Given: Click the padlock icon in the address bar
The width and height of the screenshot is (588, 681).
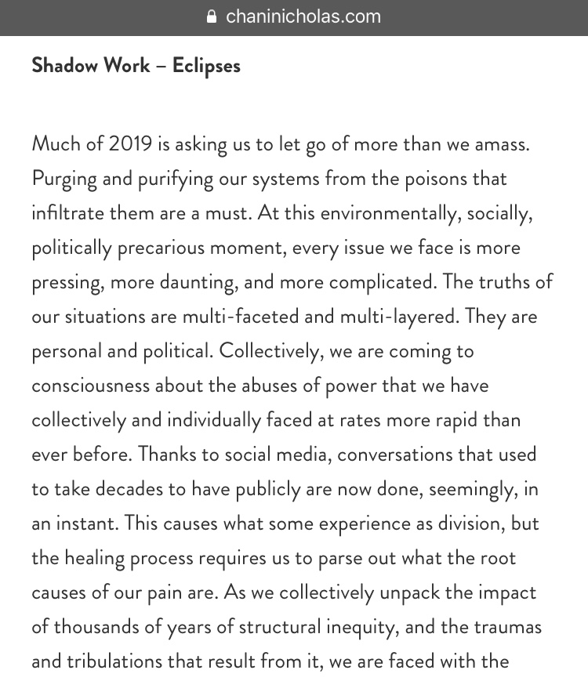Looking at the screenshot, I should pyautogui.click(x=211, y=16).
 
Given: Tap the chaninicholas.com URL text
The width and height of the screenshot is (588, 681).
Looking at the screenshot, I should pyautogui.click(x=303, y=16).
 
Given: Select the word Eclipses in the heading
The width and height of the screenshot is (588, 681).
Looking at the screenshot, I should pyautogui.click(x=206, y=65).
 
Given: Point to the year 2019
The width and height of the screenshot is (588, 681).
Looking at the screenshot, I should pyautogui.click(x=131, y=144).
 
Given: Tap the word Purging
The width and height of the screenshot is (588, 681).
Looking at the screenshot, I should pyautogui.click(x=64, y=179).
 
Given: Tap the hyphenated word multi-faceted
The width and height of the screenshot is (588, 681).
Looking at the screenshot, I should pyautogui.click(x=236, y=317).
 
